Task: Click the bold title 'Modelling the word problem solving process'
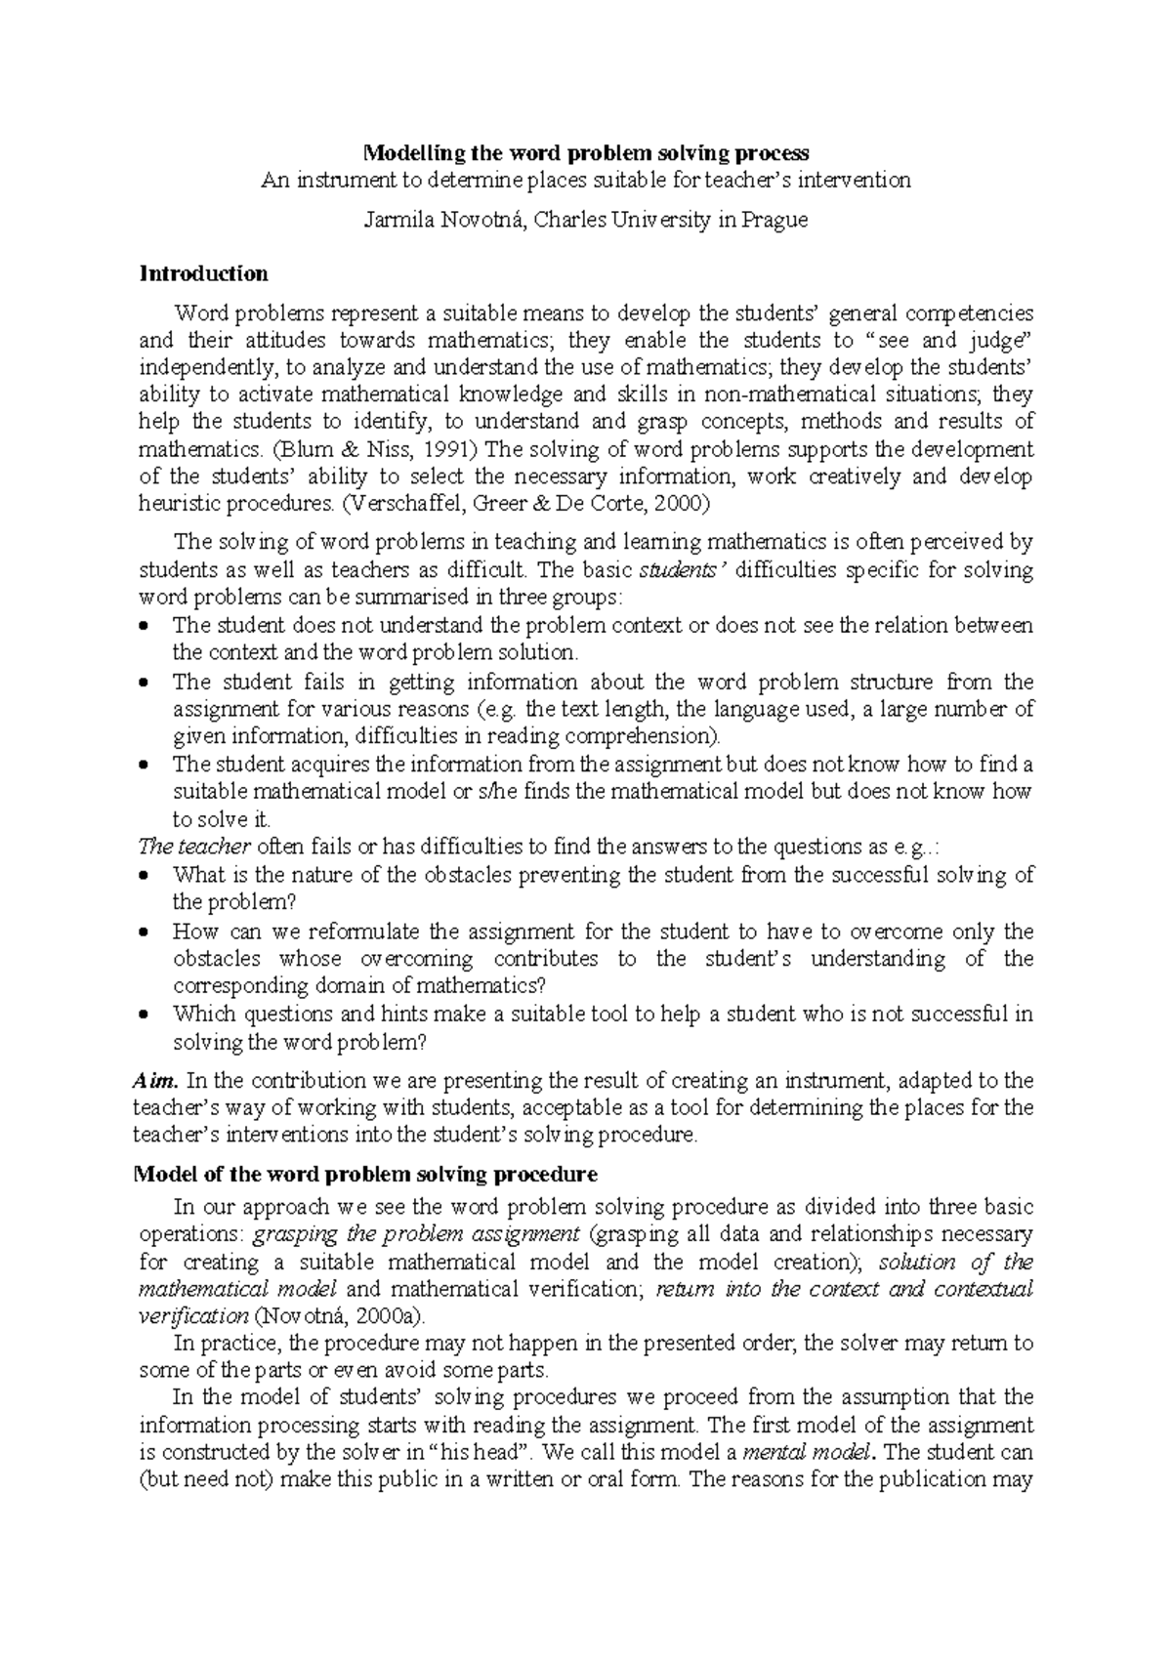(585, 153)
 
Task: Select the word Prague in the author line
(774, 221)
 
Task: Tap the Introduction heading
(203, 273)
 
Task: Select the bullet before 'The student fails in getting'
(146, 683)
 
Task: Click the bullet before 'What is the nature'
(146, 876)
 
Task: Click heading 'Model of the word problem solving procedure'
(364, 1173)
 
